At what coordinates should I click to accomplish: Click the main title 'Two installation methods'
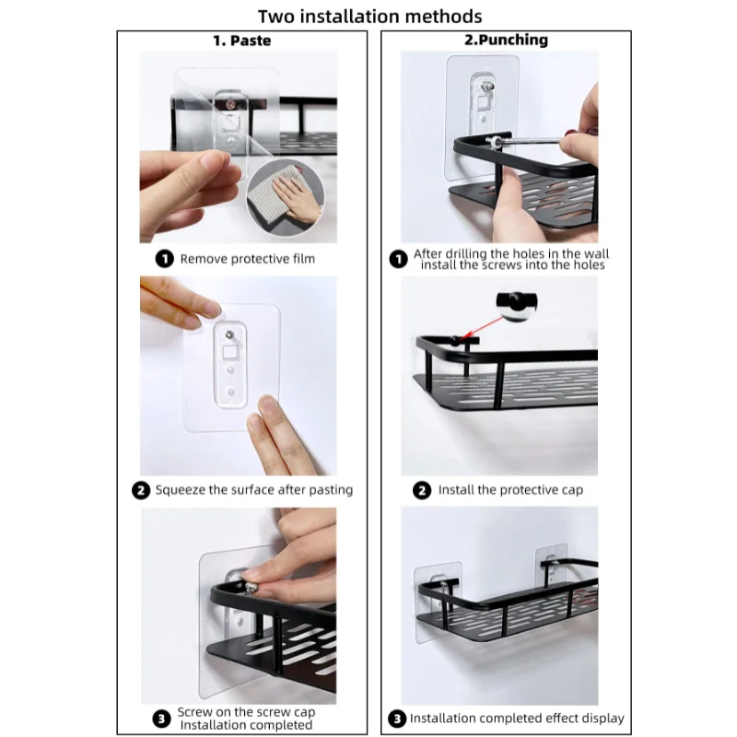370,17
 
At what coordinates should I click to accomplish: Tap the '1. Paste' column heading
242,41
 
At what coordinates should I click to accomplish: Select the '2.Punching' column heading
506,40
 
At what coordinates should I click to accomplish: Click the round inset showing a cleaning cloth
286,197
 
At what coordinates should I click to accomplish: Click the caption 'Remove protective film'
247,259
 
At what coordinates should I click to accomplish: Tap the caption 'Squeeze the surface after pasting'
254,490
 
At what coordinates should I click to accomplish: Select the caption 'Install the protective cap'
510,490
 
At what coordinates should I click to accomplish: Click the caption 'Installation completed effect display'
517,719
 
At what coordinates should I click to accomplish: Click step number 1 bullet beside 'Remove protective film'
165,259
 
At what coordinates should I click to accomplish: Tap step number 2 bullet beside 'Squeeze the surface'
141,490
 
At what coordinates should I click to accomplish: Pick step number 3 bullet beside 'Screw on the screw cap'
161,719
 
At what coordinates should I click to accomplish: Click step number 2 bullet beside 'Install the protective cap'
422,491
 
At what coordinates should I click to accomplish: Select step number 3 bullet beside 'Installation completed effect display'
397,719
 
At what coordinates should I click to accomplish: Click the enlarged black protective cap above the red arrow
516,302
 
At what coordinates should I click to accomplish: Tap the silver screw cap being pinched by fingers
252,587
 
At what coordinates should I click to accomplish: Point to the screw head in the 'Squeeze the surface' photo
229,334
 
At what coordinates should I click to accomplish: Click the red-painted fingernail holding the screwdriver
570,134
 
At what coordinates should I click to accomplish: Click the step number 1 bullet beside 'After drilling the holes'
399,259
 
